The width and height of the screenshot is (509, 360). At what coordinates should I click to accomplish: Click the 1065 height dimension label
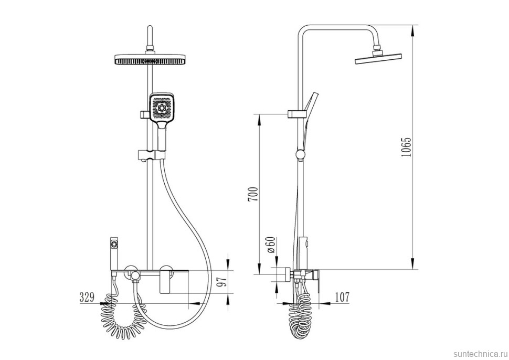[x=406, y=147]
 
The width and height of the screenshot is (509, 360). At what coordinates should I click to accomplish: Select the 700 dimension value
[x=253, y=194]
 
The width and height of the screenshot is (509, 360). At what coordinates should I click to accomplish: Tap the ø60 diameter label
[x=271, y=245]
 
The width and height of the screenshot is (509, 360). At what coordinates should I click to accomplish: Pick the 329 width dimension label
[x=87, y=297]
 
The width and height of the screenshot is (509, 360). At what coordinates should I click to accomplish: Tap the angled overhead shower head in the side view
[x=378, y=59]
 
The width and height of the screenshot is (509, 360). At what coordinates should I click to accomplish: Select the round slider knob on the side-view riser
[x=301, y=154]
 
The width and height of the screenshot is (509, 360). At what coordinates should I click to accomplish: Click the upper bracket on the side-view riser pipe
[x=296, y=114]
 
